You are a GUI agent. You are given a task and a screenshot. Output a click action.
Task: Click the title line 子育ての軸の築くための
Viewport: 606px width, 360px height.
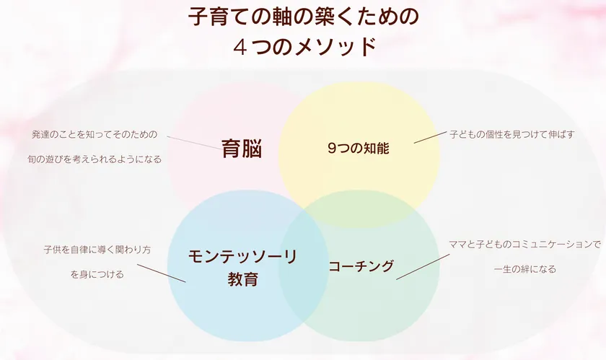coord(303,17)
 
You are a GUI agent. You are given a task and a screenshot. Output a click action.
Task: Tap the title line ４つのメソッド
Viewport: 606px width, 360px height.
coord(303,47)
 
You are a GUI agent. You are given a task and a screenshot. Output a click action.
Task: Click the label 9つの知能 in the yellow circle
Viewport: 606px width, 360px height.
coord(358,149)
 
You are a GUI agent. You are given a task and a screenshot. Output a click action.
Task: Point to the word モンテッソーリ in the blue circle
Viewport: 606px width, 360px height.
coord(242,256)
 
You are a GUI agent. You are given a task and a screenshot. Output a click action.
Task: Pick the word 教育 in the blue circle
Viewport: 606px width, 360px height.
coord(242,279)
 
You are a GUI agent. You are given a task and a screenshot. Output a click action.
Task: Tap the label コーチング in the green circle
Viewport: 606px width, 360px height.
coord(361,266)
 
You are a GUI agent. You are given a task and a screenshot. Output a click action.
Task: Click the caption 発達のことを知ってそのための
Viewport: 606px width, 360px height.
coord(95,134)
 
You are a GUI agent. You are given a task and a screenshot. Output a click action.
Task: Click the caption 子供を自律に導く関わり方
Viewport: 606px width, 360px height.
coord(97,250)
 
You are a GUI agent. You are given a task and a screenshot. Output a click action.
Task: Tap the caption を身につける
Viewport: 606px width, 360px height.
coord(97,274)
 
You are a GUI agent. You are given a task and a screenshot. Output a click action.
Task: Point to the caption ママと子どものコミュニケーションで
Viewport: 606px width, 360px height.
coord(524,245)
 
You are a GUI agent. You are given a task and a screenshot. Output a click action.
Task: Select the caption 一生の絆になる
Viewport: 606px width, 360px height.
coord(524,269)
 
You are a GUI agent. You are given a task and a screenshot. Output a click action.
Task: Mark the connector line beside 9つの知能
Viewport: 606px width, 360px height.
coord(430,136)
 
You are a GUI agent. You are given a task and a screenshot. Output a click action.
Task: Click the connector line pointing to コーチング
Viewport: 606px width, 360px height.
coord(418,266)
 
